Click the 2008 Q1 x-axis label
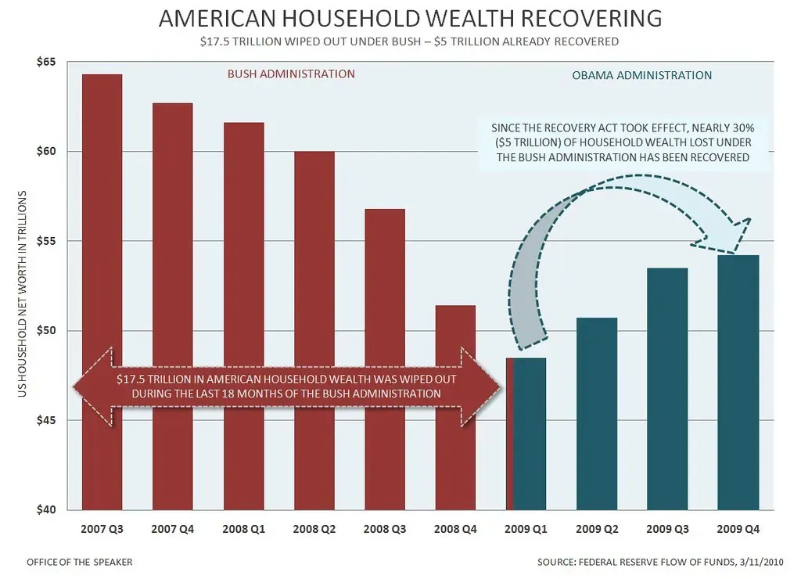(x=243, y=529)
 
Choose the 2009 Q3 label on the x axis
(x=667, y=529)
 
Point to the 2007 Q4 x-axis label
(x=172, y=529)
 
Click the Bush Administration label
(x=291, y=74)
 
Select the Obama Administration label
(x=641, y=76)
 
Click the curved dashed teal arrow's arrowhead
(x=735, y=235)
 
